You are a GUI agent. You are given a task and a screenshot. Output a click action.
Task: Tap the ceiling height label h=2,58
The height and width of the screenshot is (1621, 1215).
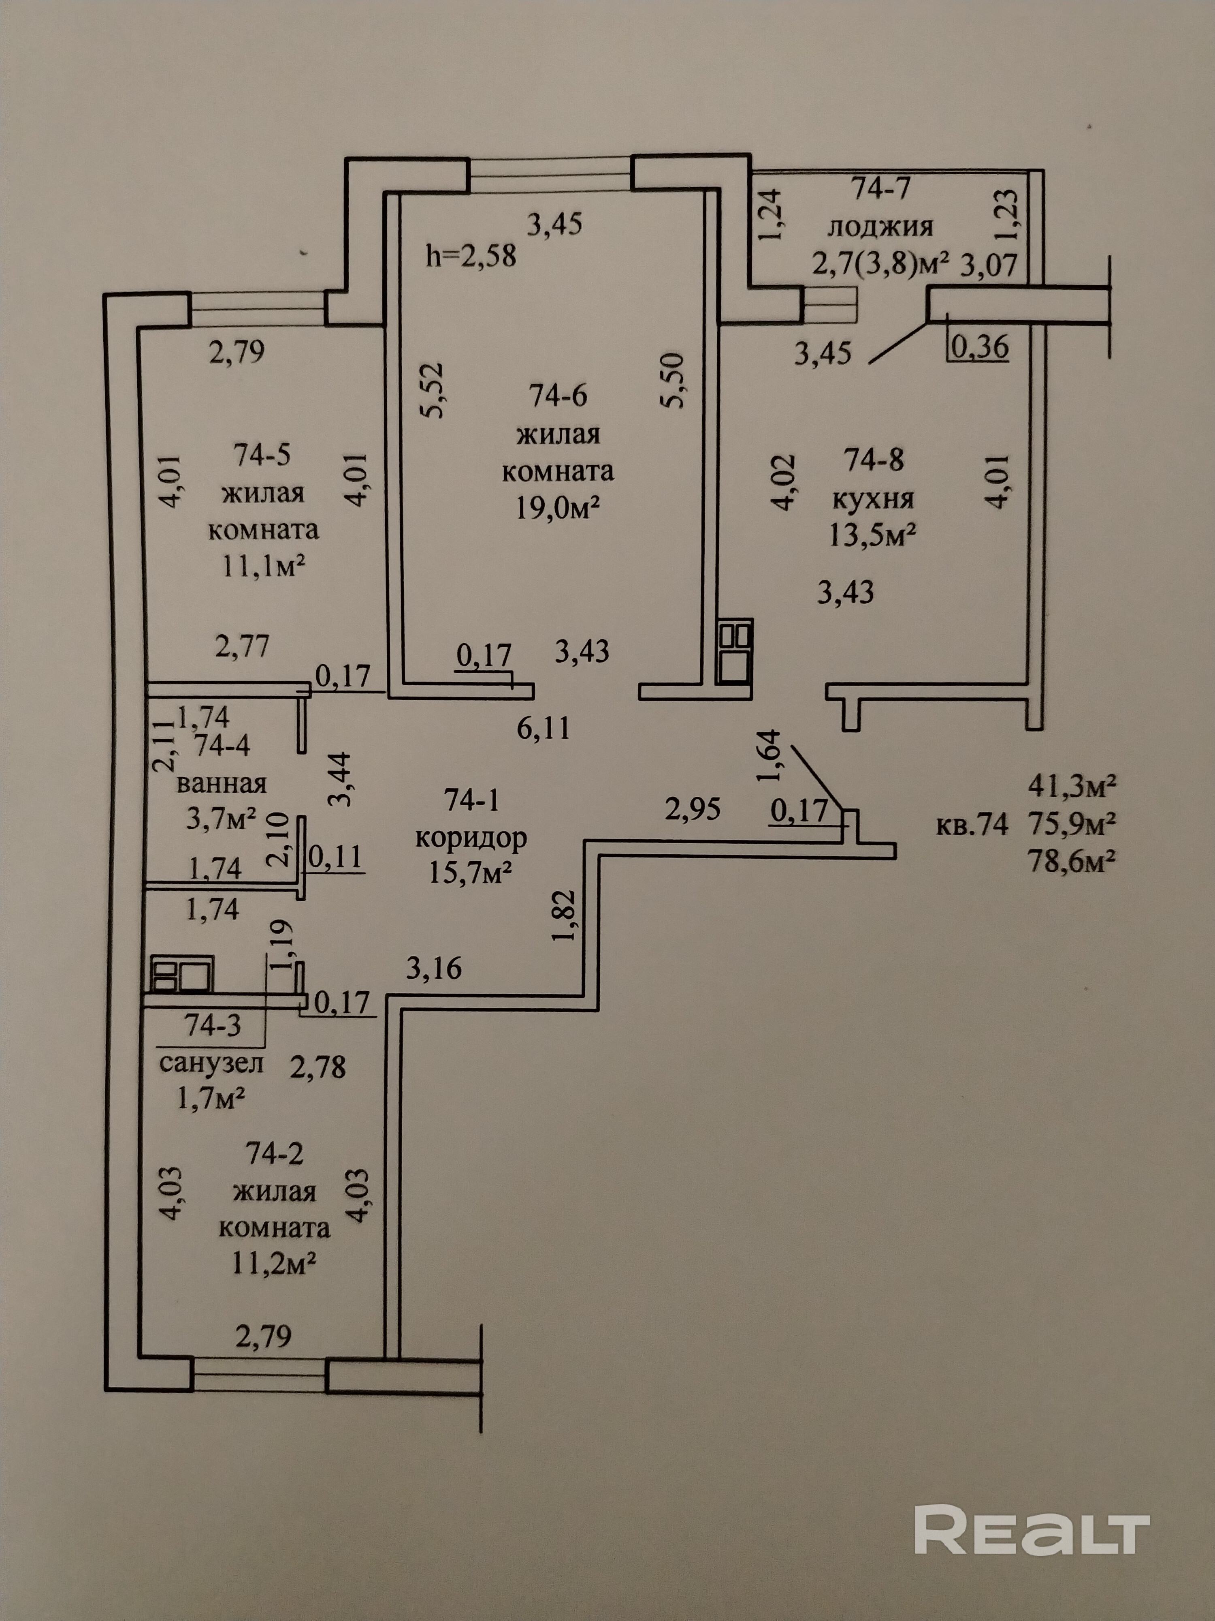471,256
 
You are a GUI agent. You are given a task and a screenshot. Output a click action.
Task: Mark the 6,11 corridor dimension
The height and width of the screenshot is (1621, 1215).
543,728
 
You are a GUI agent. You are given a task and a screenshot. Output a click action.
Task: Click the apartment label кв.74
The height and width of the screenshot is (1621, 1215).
972,824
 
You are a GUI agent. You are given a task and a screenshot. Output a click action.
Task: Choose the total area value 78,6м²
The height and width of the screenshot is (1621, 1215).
1072,861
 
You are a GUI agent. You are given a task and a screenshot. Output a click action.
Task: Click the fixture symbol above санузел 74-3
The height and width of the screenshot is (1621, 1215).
181,973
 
